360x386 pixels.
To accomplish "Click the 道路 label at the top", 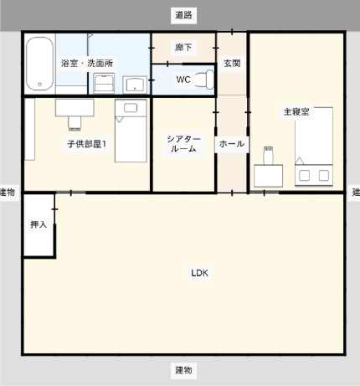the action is pyautogui.click(x=183, y=15).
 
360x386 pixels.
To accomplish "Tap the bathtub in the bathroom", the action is pyautogui.click(x=39, y=64).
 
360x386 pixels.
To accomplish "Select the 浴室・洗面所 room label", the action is pyautogui.click(x=87, y=64).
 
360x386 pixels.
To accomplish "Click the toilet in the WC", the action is pyautogui.click(x=204, y=80).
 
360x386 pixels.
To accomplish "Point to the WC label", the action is pyautogui.click(x=183, y=80).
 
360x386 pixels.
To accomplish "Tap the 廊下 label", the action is pyautogui.click(x=183, y=48).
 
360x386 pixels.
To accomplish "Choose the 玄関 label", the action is pyautogui.click(x=232, y=64).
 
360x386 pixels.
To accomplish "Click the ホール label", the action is pyautogui.click(x=232, y=144).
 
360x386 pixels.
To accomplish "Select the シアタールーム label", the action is pyautogui.click(x=183, y=144).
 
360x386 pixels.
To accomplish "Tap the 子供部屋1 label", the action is pyautogui.click(x=87, y=144).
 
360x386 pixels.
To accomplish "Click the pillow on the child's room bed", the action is pyautogui.click(x=131, y=108).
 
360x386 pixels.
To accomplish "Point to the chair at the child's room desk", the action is pyautogui.click(x=75, y=123).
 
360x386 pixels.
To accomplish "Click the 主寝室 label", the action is pyautogui.click(x=296, y=112).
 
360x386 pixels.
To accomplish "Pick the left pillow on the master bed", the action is pyautogui.click(x=304, y=176).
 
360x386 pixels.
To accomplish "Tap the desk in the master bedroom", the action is pyautogui.click(x=268, y=176).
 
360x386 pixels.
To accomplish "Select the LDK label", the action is pyautogui.click(x=199, y=273).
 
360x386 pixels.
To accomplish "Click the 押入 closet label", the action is pyautogui.click(x=39, y=224).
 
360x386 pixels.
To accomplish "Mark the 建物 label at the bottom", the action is pyautogui.click(x=183, y=370).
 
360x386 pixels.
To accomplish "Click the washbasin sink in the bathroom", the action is pyautogui.click(x=135, y=85).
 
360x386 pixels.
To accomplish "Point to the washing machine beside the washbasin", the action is pyautogui.click(x=104, y=83).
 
